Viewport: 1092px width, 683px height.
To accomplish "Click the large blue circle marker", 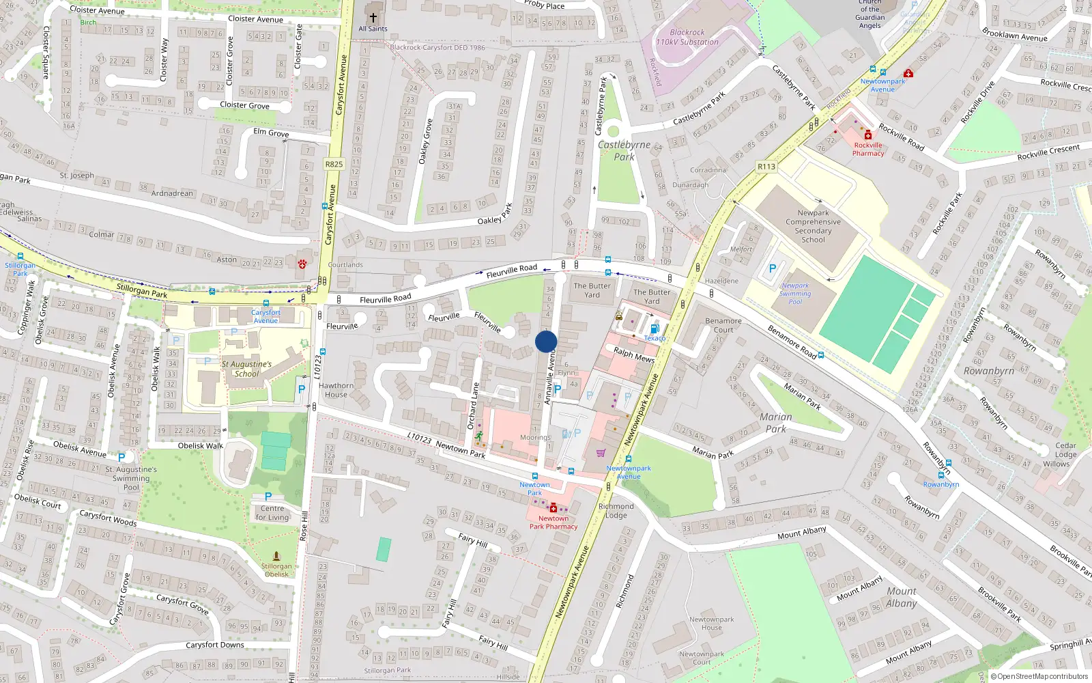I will pos(546,341).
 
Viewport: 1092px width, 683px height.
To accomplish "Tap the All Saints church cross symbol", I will pos(373,17).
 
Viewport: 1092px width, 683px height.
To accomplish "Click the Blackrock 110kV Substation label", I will pos(687,37).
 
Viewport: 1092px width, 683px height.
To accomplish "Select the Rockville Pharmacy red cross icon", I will pos(868,135).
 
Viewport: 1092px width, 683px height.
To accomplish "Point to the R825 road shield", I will pos(334,164).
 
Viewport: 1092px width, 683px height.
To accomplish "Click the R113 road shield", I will pos(766,167).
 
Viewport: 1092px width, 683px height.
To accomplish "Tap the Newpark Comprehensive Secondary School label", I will pos(813,226).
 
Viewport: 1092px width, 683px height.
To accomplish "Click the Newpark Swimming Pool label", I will pos(795,294).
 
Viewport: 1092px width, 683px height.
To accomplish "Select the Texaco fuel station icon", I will pos(655,329).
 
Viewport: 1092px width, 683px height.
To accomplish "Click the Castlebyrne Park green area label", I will pos(624,151).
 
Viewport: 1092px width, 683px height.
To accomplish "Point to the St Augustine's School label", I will pos(246,369).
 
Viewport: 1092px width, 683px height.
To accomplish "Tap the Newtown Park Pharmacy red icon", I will pos(553,509).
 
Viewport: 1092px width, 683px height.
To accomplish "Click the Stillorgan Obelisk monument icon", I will pos(276,556).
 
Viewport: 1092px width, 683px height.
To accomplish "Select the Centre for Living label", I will pos(272,512).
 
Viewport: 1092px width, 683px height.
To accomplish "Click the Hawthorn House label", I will pos(336,390).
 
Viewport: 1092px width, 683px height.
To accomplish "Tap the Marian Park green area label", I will pos(776,423).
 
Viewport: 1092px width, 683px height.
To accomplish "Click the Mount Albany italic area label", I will pos(902,597).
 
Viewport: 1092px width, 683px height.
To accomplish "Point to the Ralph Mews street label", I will pos(633,355).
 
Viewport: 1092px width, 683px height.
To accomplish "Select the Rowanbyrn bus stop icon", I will pos(941,475).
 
